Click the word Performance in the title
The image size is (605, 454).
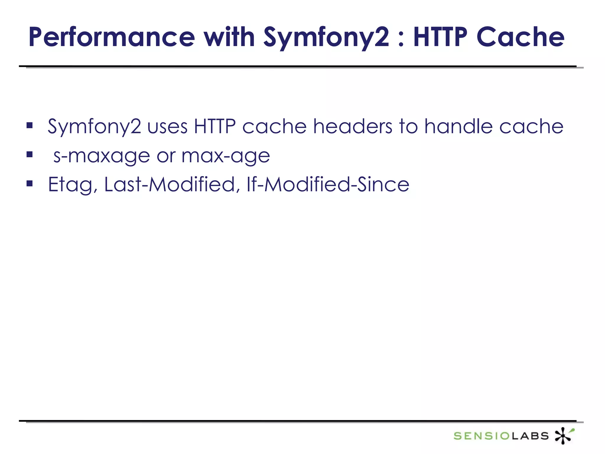pos(112,37)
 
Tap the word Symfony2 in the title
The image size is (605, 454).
pos(326,37)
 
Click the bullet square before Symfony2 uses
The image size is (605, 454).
pos(29,125)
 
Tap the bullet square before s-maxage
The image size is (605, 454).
pos(29,154)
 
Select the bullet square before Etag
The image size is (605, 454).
pos(29,184)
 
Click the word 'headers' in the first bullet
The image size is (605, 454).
pos(353,126)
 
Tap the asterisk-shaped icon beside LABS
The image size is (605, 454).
pos(564,435)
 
